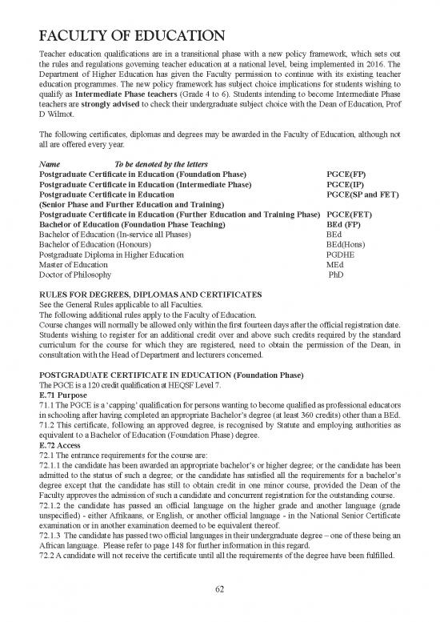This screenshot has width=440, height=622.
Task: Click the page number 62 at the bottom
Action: coord(220,592)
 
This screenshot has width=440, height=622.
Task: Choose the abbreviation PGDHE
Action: coord(342,255)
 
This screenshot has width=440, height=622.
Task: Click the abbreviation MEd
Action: coord(336,265)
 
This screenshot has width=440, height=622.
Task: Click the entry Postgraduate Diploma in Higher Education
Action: coord(111,255)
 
